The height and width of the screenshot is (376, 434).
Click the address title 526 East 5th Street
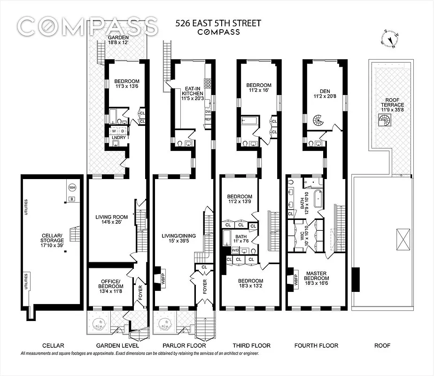tap(218, 23)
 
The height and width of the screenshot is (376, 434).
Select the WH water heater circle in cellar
tap(72, 187)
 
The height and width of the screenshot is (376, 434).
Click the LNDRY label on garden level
tap(117, 138)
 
